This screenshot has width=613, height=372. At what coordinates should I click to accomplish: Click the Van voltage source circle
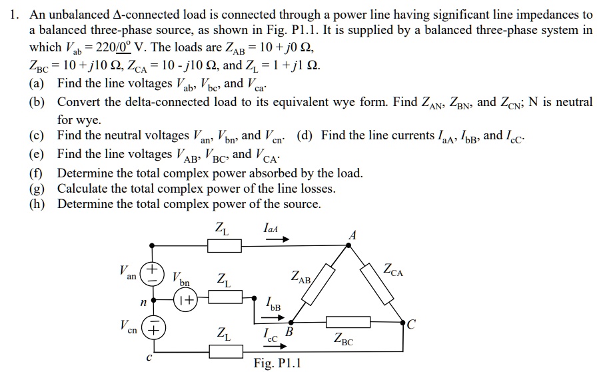click(153, 273)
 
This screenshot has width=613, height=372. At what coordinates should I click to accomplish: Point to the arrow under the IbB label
click(275, 317)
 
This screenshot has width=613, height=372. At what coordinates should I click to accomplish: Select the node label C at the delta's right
click(411, 324)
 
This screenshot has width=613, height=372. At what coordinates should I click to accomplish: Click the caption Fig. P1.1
click(278, 363)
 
